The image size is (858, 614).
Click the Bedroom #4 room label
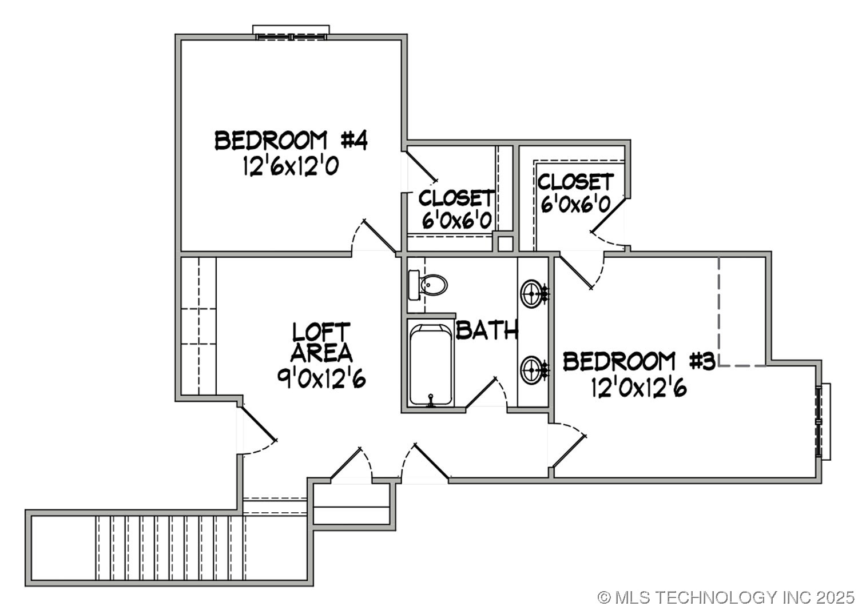tap(291, 140)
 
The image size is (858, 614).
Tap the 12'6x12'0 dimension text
tap(291, 167)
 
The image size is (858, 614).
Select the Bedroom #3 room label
tap(639, 361)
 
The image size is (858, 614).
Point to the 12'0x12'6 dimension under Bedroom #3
tap(639, 389)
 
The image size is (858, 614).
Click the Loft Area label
tap(321, 342)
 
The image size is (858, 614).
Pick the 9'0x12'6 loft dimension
tap(321, 378)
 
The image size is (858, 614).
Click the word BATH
tap(487, 330)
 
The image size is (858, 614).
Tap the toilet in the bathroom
tap(429, 285)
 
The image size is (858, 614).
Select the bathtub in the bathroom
tap(431, 365)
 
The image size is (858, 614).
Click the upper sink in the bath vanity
tap(533, 294)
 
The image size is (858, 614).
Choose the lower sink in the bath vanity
tap(533, 370)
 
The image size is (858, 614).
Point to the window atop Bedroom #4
tap(291, 33)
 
